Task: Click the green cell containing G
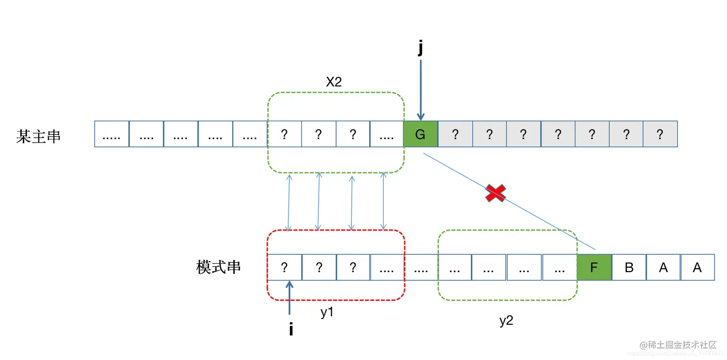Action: [x=420, y=134]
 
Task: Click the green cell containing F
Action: [x=594, y=267]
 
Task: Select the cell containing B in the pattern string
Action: [x=629, y=267]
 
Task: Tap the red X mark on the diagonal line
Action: [x=496, y=193]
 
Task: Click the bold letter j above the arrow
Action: [x=421, y=49]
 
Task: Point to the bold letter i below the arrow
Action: [x=291, y=330]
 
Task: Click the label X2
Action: [x=334, y=82]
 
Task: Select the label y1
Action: [x=327, y=312]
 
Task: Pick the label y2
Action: [x=506, y=321]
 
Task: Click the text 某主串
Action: [x=38, y=137]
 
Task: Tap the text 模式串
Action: [x=218, y=267]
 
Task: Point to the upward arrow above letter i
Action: [x=289, y=298]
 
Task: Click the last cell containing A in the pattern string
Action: [x=697, y=267]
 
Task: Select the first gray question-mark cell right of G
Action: [x=455, y=134]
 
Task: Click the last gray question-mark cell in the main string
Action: [x=660, y=134]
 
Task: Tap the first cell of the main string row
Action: [x=112, y=134]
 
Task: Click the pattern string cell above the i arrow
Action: [x=284, y=267]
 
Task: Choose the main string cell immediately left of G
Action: [x=387, y=134]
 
